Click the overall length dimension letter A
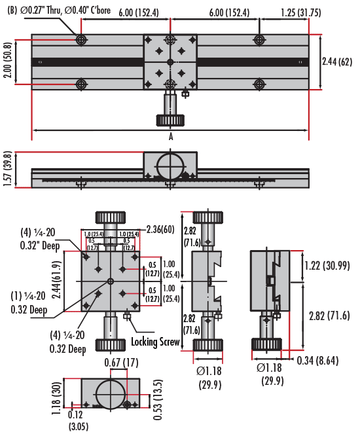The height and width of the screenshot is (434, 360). tap(170, 137)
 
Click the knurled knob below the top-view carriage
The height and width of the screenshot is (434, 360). tap(170, 120)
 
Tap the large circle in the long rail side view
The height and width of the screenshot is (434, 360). tap(170, 167)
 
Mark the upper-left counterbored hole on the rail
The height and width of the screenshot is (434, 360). tap(81, 40)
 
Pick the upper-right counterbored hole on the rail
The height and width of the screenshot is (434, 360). tap(260, 40)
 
